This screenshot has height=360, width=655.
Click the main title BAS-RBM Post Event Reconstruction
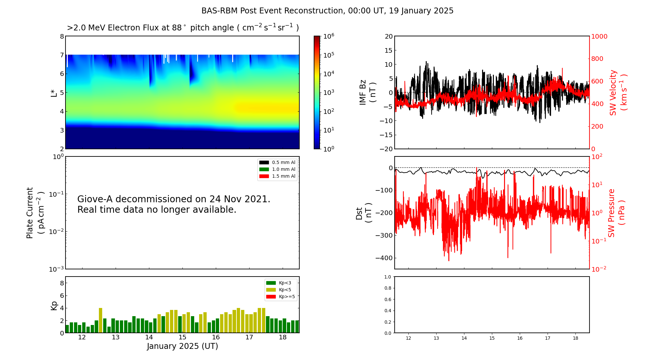(x=327, y=11)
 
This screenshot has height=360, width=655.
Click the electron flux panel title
(x=183, y=28)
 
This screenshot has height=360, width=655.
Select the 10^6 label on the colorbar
(x=328, y=36)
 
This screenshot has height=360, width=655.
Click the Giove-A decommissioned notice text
(x=174, y=204)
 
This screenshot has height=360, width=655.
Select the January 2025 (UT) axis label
(x=182, y=346)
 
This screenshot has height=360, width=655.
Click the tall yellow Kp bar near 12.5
(x=101, y=320)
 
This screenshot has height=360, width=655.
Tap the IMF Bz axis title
(x=367, y=92)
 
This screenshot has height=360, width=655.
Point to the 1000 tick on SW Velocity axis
(x=599, y=36)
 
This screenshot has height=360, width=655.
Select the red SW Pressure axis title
(x=616, y=213)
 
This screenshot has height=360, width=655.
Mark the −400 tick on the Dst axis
(x=384, y=258)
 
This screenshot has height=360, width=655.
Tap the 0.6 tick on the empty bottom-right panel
(x=387, y=299)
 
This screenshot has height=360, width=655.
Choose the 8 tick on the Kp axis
(x=62, y=283)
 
